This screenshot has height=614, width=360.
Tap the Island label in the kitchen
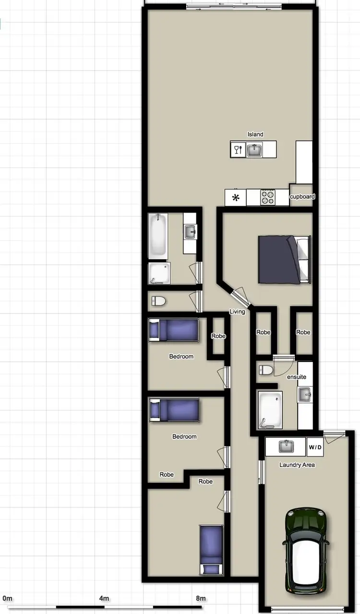[x=255, y=134]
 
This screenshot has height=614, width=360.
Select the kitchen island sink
[x=254, y=150]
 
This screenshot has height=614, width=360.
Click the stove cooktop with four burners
[x=268, y=197]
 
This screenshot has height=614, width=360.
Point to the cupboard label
[x=302, y=196]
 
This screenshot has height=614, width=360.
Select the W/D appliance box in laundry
[x=315, y=447]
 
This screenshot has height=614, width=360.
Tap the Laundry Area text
[x=297, y=465]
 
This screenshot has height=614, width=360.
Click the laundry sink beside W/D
[x=286, y=446]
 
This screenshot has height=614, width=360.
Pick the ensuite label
[x=297, y=377]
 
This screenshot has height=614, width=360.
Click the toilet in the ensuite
[x=265, y=370]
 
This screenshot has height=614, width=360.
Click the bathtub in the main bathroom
[x=158, y=235]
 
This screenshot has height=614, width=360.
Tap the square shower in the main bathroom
[x=158, y=273]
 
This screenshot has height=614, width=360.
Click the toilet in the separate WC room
[x=158, y=301]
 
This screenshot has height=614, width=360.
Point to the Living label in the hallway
[x=237, y=312]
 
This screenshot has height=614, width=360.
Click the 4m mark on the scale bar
[x=104, y=599]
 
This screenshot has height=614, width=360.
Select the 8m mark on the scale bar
[x=201, y=599]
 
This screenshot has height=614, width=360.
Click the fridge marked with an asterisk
[x=236, y=197]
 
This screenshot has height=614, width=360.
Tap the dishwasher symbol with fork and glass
[x=238, y=150]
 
